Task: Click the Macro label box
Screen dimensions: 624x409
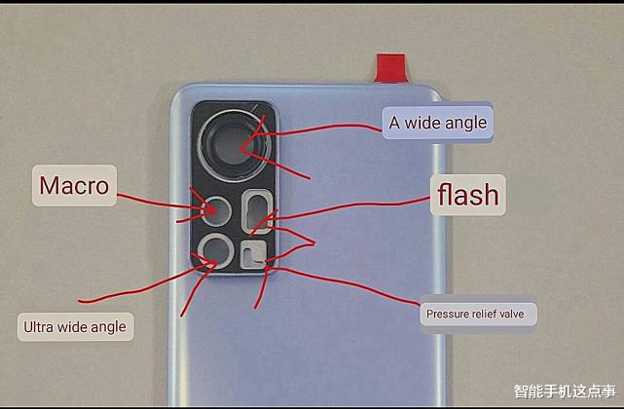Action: (x=74, y=186)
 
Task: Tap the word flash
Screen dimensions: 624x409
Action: (x=468, y=195)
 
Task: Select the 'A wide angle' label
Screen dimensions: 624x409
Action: (x=438, y=123)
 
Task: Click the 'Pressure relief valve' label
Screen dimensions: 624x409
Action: (x=478, y=314)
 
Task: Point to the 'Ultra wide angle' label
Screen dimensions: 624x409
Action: (x=75, y=327)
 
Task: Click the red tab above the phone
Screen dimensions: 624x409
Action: (x=391, y=68)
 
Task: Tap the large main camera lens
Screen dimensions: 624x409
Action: (x=235, y=146)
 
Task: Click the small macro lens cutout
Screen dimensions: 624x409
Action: (x=216, y=211)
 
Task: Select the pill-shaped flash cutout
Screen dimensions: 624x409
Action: (x=257, y=212)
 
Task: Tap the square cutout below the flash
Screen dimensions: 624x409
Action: (x=253, y=254)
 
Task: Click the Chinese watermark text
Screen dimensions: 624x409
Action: (x=565, y=391)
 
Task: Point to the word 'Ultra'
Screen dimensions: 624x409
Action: (x=39, y=327)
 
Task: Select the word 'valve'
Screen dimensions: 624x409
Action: (x=512, y=314)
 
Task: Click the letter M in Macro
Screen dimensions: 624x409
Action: (x=50, y=186)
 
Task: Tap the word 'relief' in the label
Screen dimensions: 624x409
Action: (x=484, y=314)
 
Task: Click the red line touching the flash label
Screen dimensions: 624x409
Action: (x=350, y=205)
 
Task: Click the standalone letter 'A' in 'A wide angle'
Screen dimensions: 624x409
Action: (x=394, y=123)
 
